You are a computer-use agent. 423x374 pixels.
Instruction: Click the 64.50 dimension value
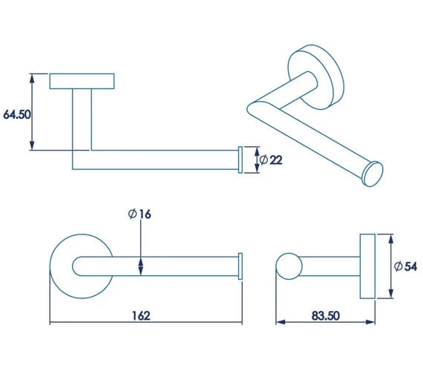tap(17, 115)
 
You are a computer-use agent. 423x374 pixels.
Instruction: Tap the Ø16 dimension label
tap(140, 214)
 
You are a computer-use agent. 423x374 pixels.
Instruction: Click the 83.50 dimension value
tap(326, 315)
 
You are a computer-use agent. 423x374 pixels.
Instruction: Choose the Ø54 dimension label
tap(406, 266)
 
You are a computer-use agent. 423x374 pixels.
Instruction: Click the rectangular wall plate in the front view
tap(82, 81)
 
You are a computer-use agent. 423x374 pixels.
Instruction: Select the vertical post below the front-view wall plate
tap(82, 119)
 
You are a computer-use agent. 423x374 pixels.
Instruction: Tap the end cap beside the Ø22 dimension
tap(239, 160)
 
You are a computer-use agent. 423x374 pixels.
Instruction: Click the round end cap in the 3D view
tap(372, 174)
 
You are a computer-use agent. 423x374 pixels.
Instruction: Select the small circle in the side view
tap(286, 266)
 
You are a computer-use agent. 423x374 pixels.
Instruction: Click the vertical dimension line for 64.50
tap(32, 111)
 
